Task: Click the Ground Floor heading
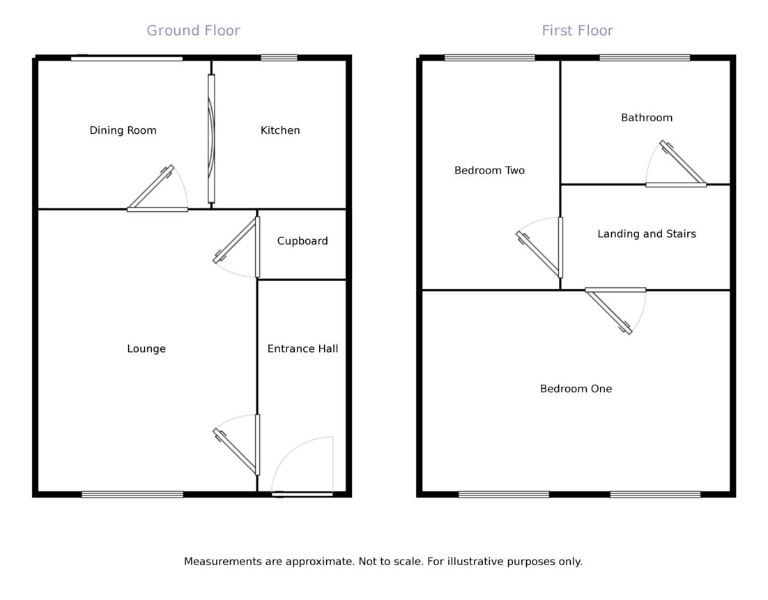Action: [193, 31]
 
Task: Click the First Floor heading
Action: [577, 31]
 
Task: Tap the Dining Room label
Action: [123, 130]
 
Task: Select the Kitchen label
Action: [280, 130]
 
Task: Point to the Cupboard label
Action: [302, 241]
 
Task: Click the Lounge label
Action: [146, 348]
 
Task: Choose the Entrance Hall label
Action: [302, 348]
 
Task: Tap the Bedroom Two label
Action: [489, 170]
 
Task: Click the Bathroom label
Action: [647, 118]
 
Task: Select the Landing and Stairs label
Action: [646, 234]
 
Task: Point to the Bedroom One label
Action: [576, 389]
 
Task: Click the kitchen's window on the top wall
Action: [279, 58]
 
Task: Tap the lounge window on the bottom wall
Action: [132, 495]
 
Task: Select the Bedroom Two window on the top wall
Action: [489, 58]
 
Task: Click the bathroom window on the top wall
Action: [645, 58]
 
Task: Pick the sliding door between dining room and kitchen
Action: [211, 139]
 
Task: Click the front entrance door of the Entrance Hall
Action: [302, 494]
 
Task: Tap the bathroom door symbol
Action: [676, 167]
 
